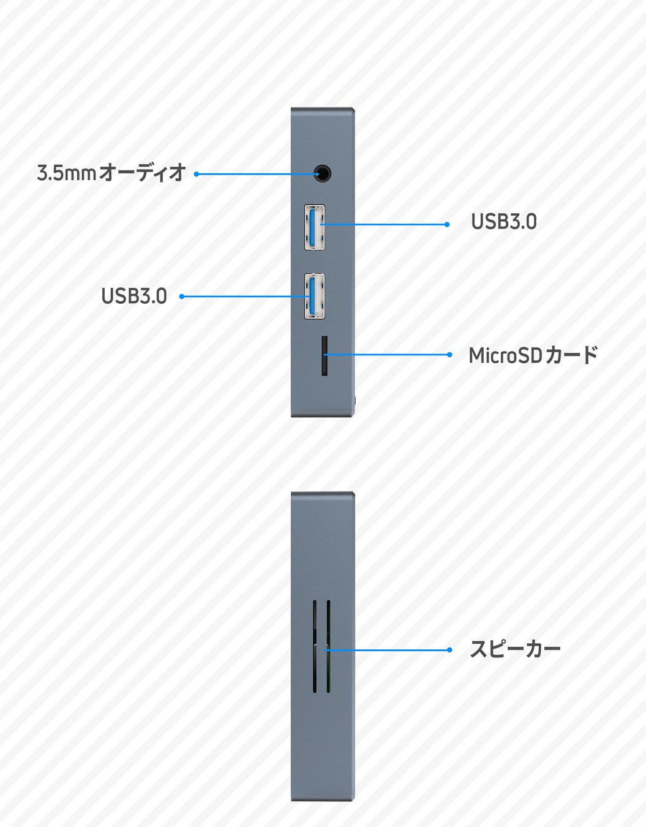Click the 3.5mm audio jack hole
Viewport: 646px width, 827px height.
[x=323, y=174]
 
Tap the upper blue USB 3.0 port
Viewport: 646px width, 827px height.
[x=314, y=227]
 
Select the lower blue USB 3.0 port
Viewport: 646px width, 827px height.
[x=314, y=296]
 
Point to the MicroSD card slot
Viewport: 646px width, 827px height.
[x=324, y=355]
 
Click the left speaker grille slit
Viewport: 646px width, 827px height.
[x=315, y=646]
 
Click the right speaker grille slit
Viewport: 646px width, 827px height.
[x=329, y=646]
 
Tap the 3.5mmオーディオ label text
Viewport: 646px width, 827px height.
[x=111, y=173]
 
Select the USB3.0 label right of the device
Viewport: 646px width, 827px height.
[x=503, y=222]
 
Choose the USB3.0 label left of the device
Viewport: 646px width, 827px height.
[x=133, y=296]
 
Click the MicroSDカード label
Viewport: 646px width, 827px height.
[x=533, y=355]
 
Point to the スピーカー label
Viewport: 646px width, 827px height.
[x=515, y=649]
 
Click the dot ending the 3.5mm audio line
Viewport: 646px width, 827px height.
[x=197, y=174]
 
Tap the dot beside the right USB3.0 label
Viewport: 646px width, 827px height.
[x=447, y=225]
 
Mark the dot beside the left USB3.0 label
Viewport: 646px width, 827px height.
[x=181, y=296]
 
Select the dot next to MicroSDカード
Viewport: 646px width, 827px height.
[x=449, y=355]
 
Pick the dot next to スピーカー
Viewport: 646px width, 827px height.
[x=449, y=650]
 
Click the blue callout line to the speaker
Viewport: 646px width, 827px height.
[x=392, y=650]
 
